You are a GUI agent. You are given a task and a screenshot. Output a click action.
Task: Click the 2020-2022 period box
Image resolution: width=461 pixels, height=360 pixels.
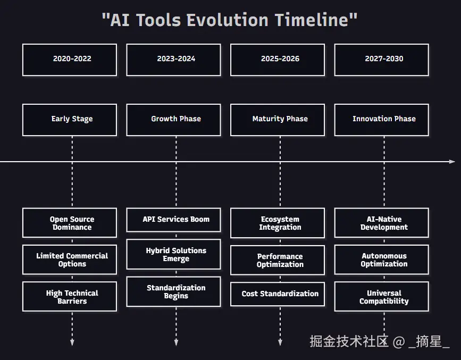click(x=70, y=60)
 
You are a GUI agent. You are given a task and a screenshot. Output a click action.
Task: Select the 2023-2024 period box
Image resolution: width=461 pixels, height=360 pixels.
click(x=173, y=60)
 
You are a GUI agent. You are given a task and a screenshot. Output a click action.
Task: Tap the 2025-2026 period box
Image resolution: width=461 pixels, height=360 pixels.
click(x=278, y=60)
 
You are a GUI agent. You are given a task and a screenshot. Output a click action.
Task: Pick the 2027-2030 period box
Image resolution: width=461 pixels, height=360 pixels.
click(x=382, y=60)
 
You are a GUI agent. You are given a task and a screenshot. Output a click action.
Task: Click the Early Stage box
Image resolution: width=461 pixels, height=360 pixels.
click(x=70, y=120)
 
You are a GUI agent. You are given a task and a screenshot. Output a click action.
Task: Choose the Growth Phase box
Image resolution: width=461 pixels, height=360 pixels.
click(x=173, y=120)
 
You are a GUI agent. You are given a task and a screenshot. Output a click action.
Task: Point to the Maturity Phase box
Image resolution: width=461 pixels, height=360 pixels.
click(x=278, y=120)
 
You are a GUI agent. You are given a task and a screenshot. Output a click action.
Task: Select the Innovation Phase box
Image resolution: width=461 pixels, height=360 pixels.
click(x=382, y=120)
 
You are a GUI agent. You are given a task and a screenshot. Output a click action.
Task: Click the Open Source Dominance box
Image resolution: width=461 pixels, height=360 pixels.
click(x=70, y=223)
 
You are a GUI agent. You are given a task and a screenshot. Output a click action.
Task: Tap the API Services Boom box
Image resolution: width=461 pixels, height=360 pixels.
click(x=173, y=220)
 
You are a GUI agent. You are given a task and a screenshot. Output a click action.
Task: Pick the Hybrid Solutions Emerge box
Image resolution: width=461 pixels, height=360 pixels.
click(x=173, y=254)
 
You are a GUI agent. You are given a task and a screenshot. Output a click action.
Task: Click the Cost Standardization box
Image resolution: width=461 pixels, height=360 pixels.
click(x=278, y=294)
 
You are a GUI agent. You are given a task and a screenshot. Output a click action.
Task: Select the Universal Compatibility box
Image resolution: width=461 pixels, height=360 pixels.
click(x=382, y=297)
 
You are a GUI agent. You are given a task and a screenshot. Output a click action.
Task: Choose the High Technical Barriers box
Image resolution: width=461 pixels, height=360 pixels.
click(x=70, y=297)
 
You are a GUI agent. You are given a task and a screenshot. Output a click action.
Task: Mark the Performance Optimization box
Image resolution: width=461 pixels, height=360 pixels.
click(x=278, y=260)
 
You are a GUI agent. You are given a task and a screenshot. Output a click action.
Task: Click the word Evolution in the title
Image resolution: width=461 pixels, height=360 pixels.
click(x=227, y=20)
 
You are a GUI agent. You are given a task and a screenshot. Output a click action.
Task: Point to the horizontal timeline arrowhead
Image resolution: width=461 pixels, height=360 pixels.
click(x=452, y=162)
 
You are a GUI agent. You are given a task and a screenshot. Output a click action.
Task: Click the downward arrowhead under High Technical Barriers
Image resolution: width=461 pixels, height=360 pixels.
click(x=72, y=342)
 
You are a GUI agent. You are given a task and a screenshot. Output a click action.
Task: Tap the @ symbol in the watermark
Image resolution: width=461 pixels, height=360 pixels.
click(x=399, y=342)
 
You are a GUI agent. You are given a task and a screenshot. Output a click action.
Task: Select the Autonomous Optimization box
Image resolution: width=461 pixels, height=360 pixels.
click(x=382, y=259)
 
